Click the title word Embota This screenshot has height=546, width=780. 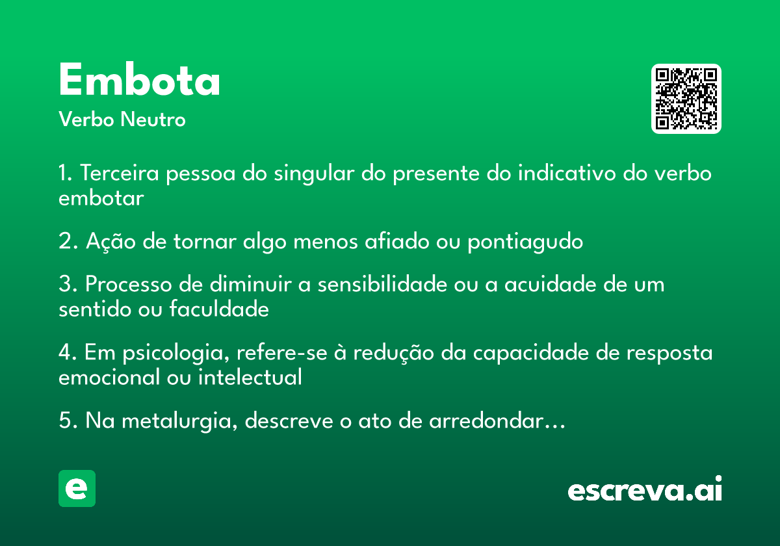click(139, 79)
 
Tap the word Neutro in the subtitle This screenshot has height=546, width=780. click(153, 119)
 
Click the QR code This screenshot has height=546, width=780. click(686, 99)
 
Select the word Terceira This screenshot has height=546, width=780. click(120, 173)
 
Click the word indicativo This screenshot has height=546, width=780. click(567, 173)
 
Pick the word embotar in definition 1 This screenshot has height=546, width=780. click(101, 198)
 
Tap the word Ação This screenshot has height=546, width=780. click(110, 241)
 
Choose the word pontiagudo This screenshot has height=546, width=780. click(525, 242)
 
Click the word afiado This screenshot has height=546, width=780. click(397, 240)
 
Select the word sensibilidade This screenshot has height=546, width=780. click(382, 283)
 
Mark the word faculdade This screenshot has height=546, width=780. click(220, 309)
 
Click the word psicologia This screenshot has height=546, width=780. click(176, 353)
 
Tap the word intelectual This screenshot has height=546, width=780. click(250, 377)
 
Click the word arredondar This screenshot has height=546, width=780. click(486, 421)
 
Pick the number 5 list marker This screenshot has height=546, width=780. click(65, 421)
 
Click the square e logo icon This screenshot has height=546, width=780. click(77, 488)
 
